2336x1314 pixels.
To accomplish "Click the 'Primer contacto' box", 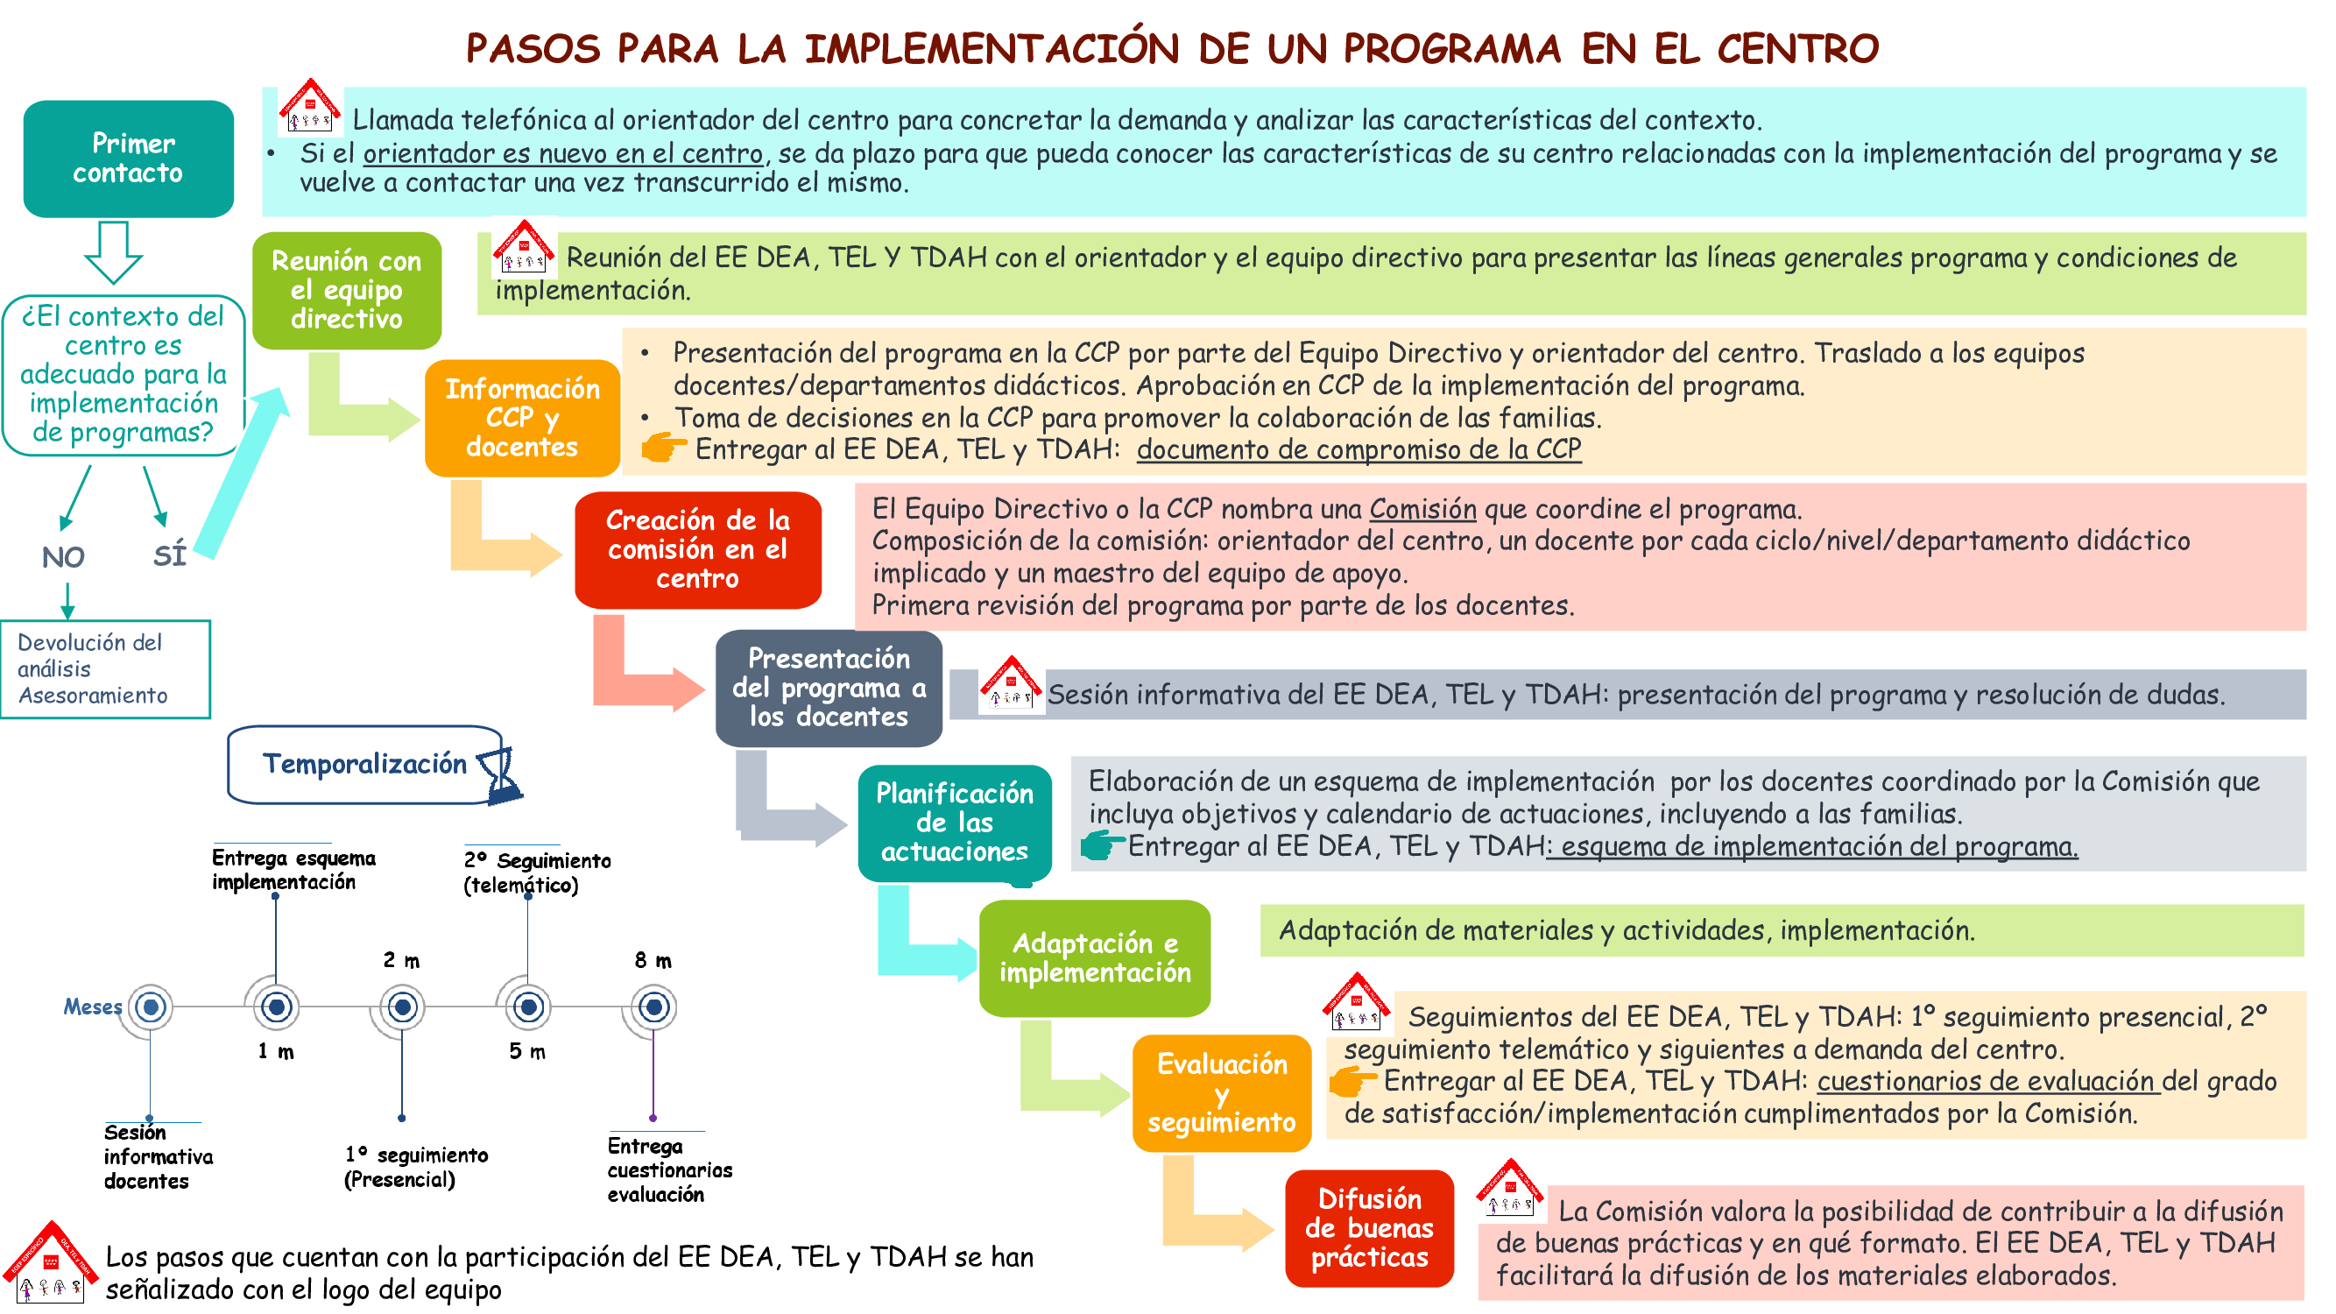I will pyautogui.click(x=129, y=159).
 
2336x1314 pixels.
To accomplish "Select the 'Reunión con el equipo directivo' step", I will pyautogui.click(x=346, y=290).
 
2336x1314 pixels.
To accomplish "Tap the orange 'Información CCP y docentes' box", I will pyautogui.click(x=522, y=418).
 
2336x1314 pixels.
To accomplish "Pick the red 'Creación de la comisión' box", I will pyautogui.click(x=697, y=549).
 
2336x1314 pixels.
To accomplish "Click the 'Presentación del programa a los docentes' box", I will pyautogui.click(x=829, y=688).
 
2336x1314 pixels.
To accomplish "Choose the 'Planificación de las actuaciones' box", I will pyautogui.click(x=954, y=823).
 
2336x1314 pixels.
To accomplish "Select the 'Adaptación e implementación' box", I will pyautogui.click(x=1095, y=957).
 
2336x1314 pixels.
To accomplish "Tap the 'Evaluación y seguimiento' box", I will pyautogui.click(x=1222, y=1092).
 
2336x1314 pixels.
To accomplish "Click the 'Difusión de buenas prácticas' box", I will pyautogui.click(x=1369, y=1228).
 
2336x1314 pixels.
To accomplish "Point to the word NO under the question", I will pyautogui.click(x=62, y=557).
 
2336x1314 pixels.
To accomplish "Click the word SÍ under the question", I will pyautogui.click(x=170, y=555).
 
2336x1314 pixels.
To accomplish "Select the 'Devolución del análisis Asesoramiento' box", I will pyautogui.click(x=105, y=669).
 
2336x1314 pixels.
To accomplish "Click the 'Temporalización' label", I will pyautogui.click(x=364, y=765).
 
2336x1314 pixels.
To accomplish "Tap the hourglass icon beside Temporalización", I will pyautogui.click(x=499, y=775).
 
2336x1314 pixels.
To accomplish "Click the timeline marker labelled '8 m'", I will pyautogui.click(x=653, y=1007).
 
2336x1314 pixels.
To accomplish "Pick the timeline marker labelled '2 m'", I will pyautogui.click(x=402, y=1007).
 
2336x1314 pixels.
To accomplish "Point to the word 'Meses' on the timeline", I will pyautogui.click(x=93, y=1007).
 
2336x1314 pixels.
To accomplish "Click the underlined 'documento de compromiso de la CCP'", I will pyautogui.click(x=1359, y=449).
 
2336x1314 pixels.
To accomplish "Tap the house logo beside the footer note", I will pyautogui.click(x=51, y=1262).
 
